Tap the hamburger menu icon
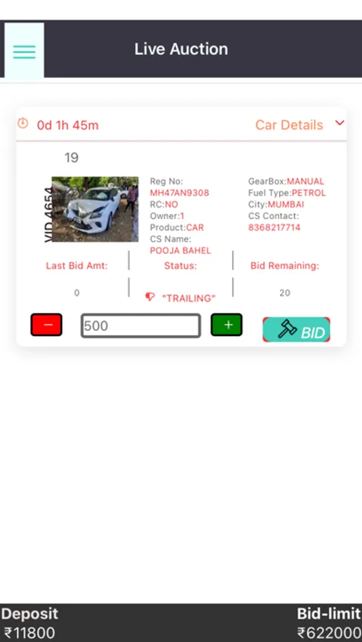24,51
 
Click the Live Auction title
181,49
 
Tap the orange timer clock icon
23,123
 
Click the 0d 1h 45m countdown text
68,125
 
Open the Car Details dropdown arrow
339,123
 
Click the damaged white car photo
95,209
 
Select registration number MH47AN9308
179,193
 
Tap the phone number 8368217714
274,228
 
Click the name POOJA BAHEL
181,250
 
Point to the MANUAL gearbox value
306,181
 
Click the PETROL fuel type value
308,193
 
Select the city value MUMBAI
286,204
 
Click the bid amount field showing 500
141,326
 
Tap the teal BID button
296,330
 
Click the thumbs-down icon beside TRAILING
150,297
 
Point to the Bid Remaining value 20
285,292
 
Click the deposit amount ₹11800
28,633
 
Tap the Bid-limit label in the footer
328,613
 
